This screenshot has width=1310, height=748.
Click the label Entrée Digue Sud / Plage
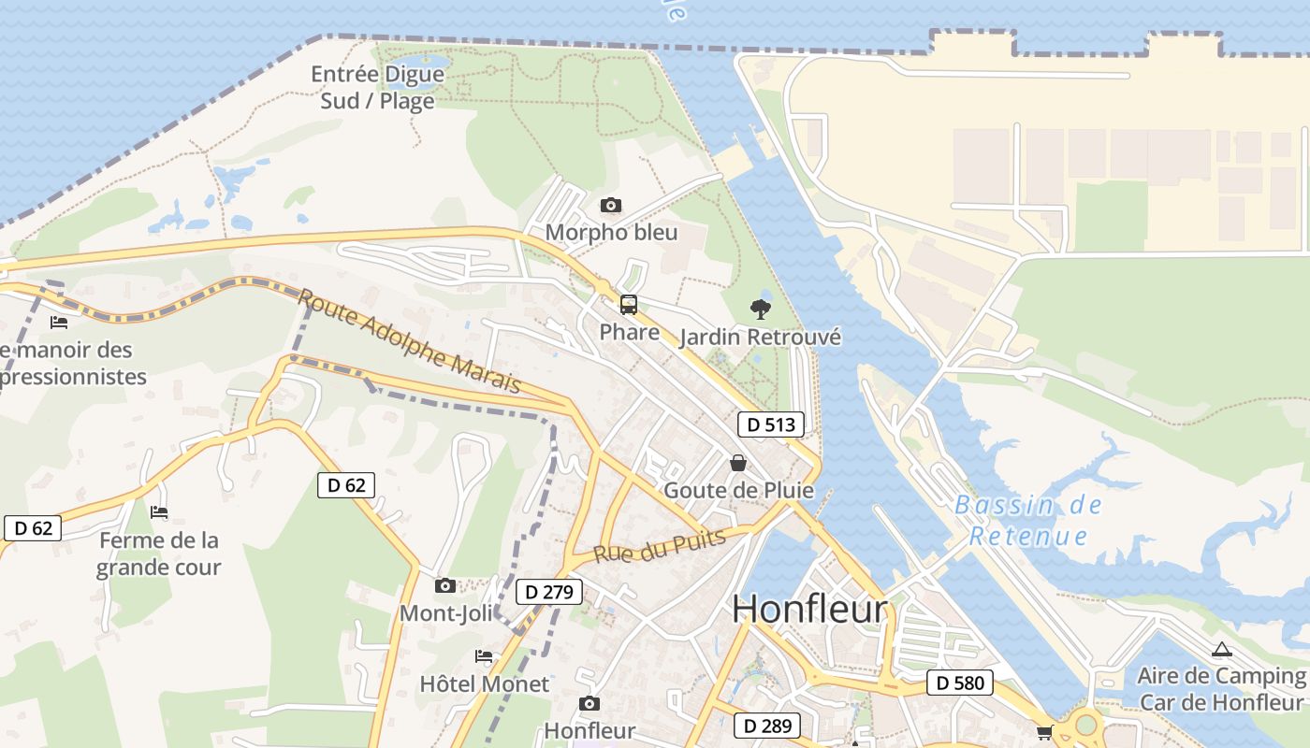coord(377,87)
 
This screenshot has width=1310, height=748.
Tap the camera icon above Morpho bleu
coord(611,205)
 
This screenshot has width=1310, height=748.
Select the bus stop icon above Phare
coord(629,305)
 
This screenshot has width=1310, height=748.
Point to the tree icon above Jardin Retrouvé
coord(761,309)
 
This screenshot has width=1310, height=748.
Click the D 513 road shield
coord(771,424)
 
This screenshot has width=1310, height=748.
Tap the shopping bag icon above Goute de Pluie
coord(738,463)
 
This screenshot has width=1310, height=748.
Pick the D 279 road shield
coord(548,592)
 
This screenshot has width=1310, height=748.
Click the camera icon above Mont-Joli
coord(445,586)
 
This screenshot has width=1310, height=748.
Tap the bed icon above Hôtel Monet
coord(484,656)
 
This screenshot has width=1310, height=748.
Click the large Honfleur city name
coord(809,610)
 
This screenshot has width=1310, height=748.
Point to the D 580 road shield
coord(960,683)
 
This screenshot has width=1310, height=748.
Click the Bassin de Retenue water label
coord(1028,521)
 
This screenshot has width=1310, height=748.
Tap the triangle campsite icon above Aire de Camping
coord(1221,650)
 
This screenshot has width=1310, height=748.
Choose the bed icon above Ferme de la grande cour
coord(159,512)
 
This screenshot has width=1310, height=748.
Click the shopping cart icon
coord(1044,733)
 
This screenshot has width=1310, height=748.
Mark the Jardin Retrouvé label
coord(761,337)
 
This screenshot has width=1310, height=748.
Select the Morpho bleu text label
coord(611,232)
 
